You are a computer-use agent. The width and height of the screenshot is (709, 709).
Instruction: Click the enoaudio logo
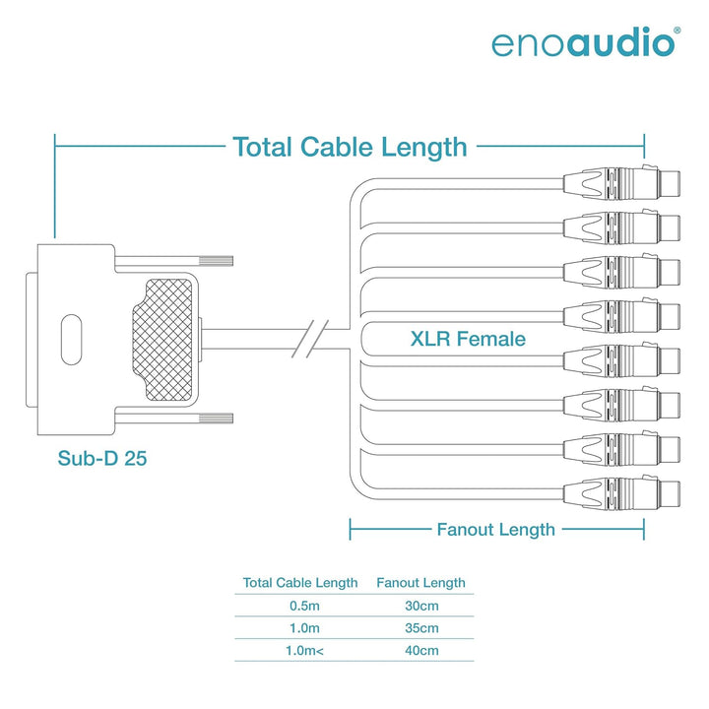(x=586, y=42)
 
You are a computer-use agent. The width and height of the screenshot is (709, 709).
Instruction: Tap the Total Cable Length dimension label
(x=350, y=147)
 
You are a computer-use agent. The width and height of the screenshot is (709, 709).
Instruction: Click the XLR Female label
(x=468, y=339)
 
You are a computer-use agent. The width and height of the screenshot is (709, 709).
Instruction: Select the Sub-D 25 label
(x=102, y=458)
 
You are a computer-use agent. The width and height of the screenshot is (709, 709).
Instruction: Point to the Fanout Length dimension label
(x=495, y=530)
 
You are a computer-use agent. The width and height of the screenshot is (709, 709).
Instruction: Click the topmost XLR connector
(x=621, y=183)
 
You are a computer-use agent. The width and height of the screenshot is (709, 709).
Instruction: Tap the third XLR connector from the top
(x=621, y=272)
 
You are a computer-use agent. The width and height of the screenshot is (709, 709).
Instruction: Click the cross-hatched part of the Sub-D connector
(x=162, y=340)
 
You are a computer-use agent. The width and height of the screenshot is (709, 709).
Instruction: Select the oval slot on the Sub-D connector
(x=72, y=340)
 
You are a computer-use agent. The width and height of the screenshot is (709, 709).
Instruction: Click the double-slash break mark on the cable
(x=310, y=339)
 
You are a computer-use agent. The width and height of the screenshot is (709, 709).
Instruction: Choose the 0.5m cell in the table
(x=304, y=606)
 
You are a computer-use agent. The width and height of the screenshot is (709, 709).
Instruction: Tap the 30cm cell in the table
(x=421, y=606)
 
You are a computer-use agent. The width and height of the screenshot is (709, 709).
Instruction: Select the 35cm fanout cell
(x=421, y=628)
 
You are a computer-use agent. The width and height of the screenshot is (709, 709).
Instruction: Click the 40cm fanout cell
(x=421, y=651)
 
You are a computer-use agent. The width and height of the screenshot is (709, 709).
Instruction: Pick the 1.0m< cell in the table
(x=304, y=651)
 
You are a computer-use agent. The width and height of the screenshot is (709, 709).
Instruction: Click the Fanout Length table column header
(x=420, y=582)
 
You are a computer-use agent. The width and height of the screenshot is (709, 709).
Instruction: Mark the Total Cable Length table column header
(x=300, y=582)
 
